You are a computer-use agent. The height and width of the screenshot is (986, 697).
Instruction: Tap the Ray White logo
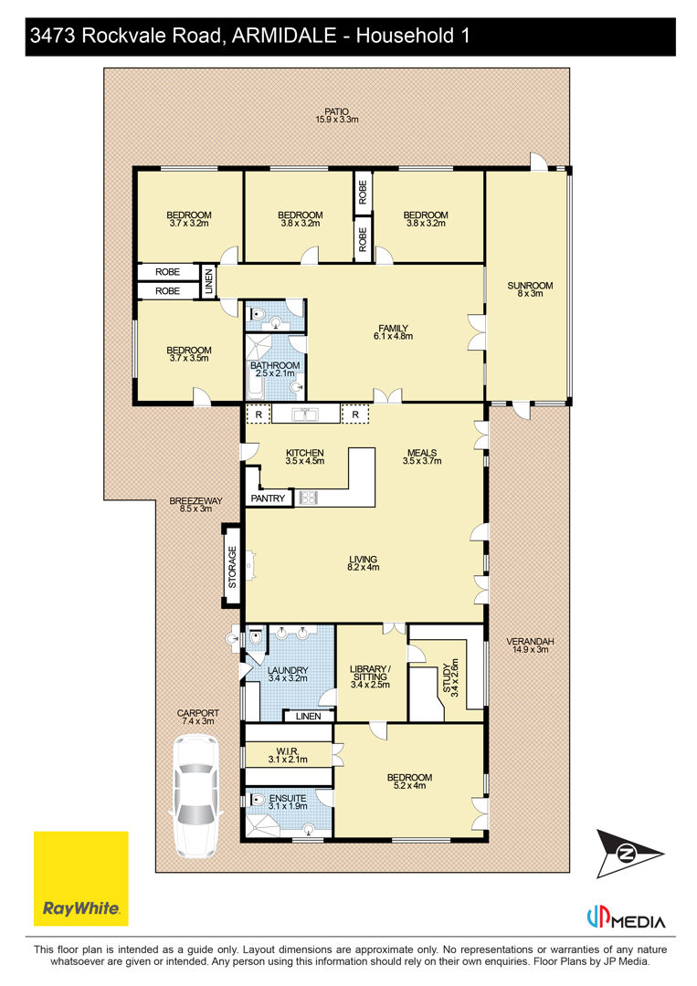pyautogui.click(x=80, y=878)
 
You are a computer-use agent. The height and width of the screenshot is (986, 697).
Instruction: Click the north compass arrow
pyautogui.click(x=629, y=854)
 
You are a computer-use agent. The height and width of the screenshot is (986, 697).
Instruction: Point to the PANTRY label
pyautogui.click(x=268, y=498)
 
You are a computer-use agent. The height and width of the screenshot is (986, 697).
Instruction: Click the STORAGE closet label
pyautogui.click(x=232, y=567)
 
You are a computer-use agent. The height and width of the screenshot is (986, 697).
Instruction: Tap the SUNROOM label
pyautogui.click(x=530, y=286)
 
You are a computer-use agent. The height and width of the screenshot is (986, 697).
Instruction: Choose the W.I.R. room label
pyautogui.click(x=288, y=751)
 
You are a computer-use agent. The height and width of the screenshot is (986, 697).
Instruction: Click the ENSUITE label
pyautogui.click(x=288, y=798)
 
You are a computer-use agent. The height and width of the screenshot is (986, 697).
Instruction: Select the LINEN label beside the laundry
pyautogui.click(x=308, y=717)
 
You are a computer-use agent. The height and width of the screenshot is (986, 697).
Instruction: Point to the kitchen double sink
pyautogui.click(x=305, y=414)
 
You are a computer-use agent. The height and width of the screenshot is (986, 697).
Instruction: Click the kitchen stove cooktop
pyautogui.click(x=308, y=498)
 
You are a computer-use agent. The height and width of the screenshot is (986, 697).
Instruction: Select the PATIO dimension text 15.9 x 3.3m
pyautogui.click(x=337, y=120)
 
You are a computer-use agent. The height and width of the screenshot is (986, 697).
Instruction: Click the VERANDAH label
pyautogui.click(x=530, y=642)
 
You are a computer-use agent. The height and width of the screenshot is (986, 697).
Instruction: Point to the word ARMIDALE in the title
pyautogui.click(x=284, y=36)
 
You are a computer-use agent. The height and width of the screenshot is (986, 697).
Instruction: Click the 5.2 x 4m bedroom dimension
pyautogui.click(x=409, y=785)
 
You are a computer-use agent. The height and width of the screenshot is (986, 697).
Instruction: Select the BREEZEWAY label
pyautogui.click(x=195, y=500)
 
